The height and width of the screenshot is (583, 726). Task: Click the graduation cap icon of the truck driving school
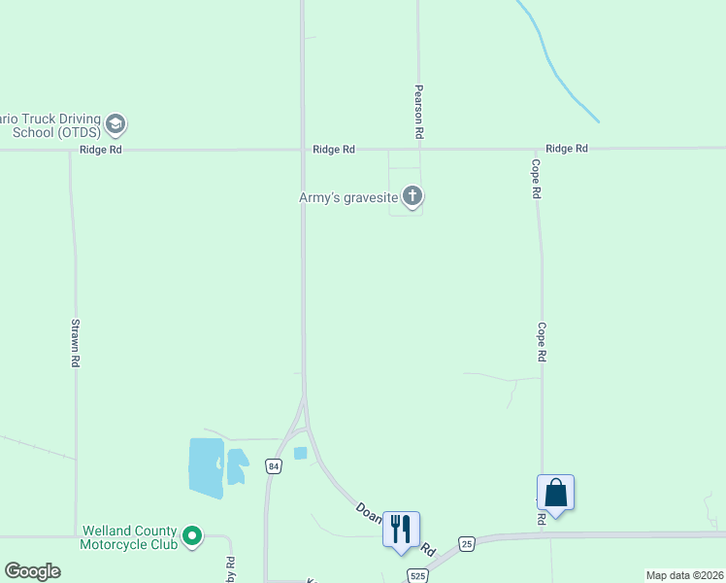pyautogui.click(x=116, y=124)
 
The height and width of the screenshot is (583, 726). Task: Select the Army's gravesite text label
pyautogui.click(x=347, y=197)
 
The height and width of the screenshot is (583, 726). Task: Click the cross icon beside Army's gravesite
pyautogui.click(x=412, y=197)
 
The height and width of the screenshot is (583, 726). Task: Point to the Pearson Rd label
pyautogui.click(x=419, y=110)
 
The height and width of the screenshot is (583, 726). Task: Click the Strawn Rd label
pyautogui.click(x=75, y=342)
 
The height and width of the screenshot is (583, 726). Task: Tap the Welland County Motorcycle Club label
pyautogui.click(x=129, y=537)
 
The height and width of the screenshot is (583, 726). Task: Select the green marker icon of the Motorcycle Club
pyautogui.click(x=192, y=534)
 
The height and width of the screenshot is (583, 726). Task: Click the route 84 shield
pyautogui.click(x=276, y=466)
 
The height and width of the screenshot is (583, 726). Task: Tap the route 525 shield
pyautogui.click(x=417, y=574)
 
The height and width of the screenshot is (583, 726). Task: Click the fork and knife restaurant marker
pyautogui.click(x=401, y=529)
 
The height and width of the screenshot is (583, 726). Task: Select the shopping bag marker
pyautogui.click(x=555, y=492)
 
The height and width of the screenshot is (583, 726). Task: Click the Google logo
pyautogui.click(x=32, y=571)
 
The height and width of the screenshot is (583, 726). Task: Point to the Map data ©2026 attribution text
pyautogui.click(x=684, y=575)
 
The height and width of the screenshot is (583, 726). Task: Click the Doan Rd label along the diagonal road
pyautogui.click(x=370, y=517)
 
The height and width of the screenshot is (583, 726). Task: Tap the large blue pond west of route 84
pyautogui.click(x=205, y=467)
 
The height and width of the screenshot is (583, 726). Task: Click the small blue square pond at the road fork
pyautogui.click(x=300, y=453)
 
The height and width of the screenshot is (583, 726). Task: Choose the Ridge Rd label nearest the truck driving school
pyautogui.click(x=101, y=150)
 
